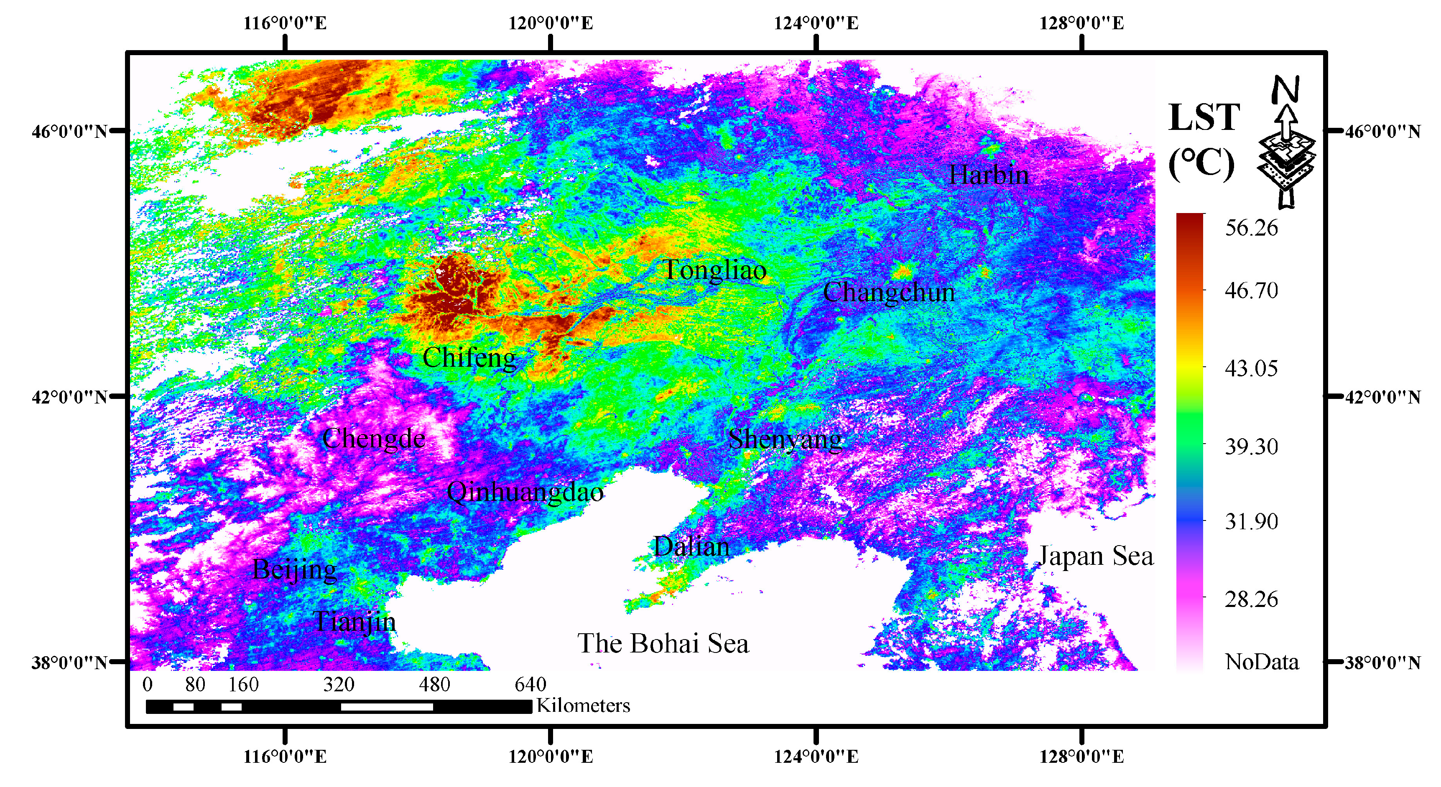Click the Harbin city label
(988, 175)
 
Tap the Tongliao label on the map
(714, 271)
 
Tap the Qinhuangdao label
(525, 493)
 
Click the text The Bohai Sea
(663, 643)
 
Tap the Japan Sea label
(1095, 556)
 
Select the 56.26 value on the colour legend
(1251, 228)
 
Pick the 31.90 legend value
(1251, 521)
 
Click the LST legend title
(1204, 117)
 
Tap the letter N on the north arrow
(1285, 89)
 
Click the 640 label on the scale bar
(530, 685)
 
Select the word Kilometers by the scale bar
(583, 706)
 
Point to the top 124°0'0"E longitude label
(816, 23)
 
